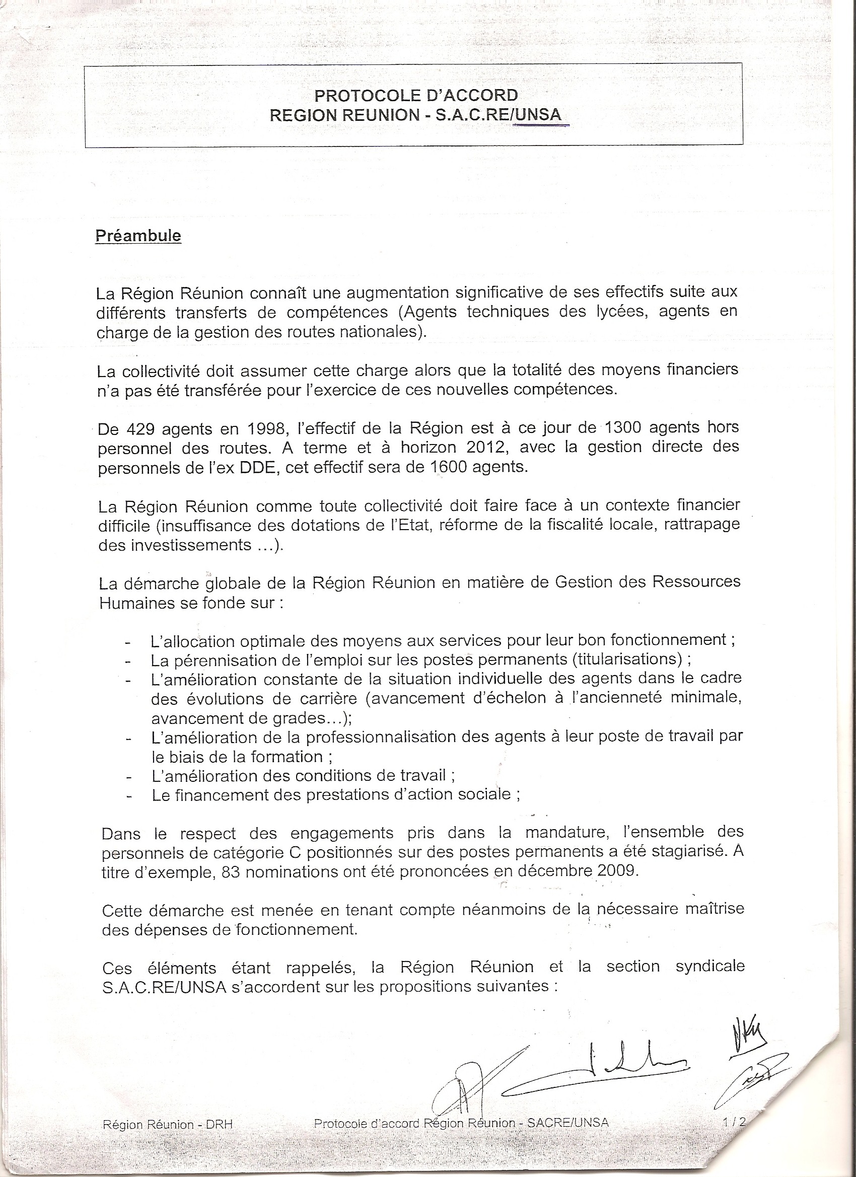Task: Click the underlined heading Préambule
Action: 138,236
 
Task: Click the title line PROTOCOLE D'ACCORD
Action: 416,96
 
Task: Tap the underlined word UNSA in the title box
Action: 538,115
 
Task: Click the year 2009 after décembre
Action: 617,870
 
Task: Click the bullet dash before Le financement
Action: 129,796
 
